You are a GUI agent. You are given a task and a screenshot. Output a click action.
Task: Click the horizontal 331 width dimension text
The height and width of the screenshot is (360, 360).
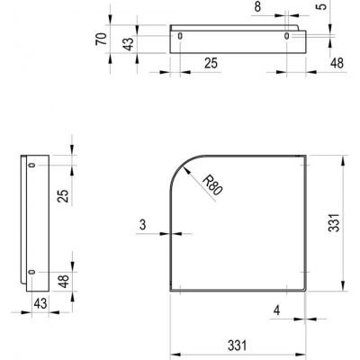tap(238, 345)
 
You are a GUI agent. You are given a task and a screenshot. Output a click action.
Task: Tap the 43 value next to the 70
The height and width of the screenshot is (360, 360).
tap(129, 42)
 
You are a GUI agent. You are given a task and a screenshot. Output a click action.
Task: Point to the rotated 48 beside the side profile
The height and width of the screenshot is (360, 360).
tap(61, 283)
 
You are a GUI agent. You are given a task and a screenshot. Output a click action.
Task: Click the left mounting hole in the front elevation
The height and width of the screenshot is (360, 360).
tap(181, 36)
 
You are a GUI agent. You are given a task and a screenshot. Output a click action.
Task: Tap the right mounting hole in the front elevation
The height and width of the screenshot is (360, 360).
tap(288, 36)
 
